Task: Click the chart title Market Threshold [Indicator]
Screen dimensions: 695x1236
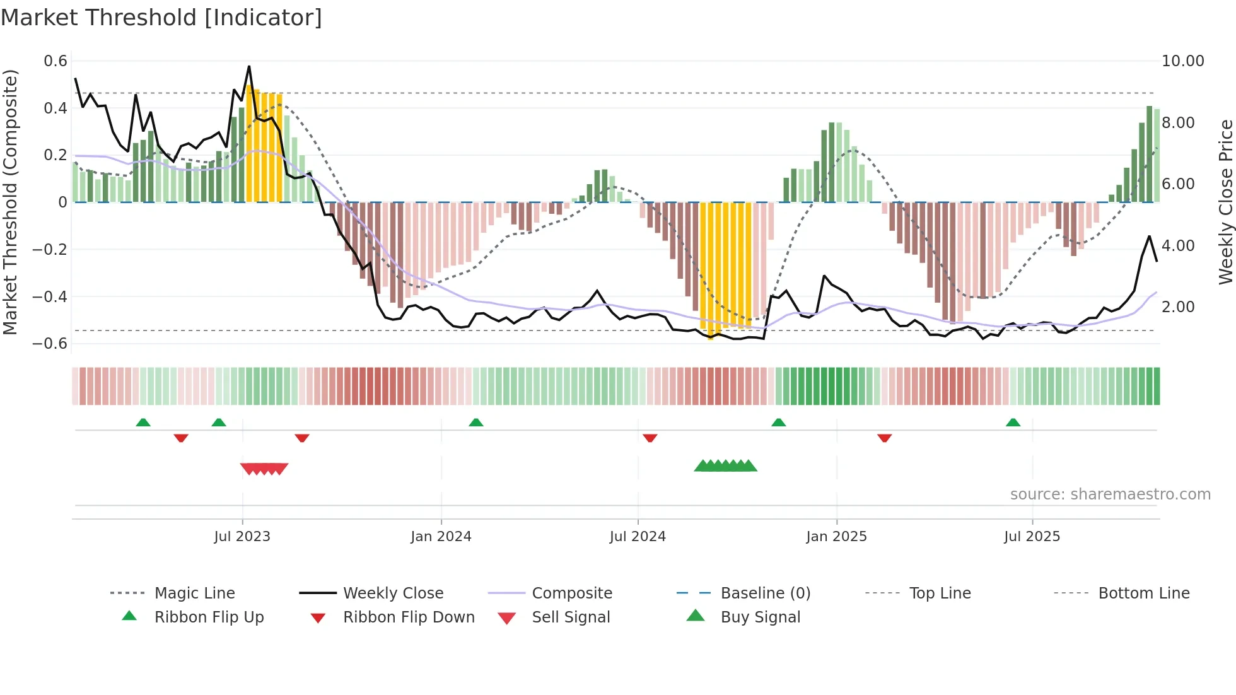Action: (161, 18)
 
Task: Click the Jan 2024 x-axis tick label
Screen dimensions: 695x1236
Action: (441, 537)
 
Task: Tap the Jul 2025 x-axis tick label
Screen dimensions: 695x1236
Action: (1032, 537)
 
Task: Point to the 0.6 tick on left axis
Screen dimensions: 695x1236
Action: (55, 61)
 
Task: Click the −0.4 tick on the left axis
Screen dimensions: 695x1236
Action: (50, 296)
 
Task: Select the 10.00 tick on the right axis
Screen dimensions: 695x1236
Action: (1182, 61)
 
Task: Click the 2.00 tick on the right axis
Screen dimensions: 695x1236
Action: (1177, 307)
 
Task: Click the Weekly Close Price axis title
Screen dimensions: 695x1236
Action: (1225, 202)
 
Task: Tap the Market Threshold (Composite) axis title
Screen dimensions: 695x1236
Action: (10, 202)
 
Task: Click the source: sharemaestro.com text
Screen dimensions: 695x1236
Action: (1110, 494)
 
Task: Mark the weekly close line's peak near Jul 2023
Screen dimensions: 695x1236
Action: (249, 66)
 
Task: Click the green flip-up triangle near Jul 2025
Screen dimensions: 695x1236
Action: (1013, 423)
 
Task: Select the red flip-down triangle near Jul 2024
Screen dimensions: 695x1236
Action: (650, 438)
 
